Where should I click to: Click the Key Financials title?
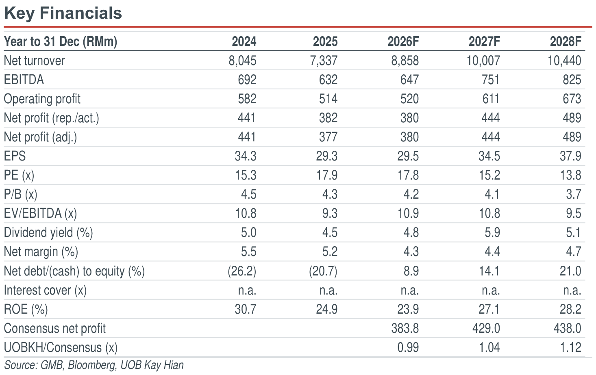click(63, 13)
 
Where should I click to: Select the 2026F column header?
click(403, 41)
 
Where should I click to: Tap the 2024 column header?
click(244, 41)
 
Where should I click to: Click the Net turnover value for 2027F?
click(483, 61)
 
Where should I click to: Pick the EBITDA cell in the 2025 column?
click(328, 80)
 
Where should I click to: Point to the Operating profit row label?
click(42, 99)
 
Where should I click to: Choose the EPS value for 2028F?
click(570, 156)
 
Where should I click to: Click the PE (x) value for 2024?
click(246, 175)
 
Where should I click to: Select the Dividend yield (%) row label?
click(48, 233)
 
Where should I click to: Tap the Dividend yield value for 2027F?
click(492, 233)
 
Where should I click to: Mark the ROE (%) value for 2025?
click(327, 309)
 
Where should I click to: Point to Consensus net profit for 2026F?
click(405, 328)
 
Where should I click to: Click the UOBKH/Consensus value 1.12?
click(571, 348)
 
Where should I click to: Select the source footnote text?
click(94, 365)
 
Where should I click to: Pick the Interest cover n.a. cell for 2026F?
click(410, 290)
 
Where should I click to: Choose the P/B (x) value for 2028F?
click(573, 195)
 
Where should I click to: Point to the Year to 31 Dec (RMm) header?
click(61, 42)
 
